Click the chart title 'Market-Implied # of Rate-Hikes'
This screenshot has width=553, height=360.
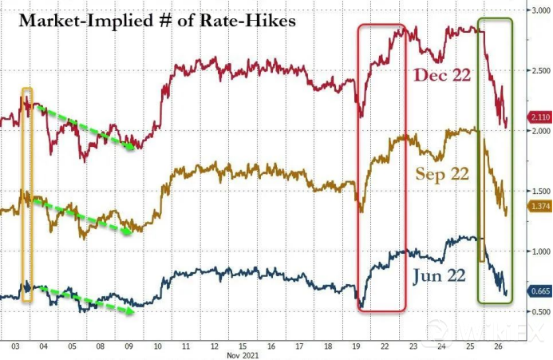[156, 20]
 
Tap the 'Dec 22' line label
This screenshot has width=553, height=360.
[442, 76]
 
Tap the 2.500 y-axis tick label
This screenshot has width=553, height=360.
[538, 71]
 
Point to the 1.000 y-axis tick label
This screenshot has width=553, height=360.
[538, 251]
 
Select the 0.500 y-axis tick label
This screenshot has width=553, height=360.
[538, 311]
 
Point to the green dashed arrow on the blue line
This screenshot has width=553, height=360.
[83, 299]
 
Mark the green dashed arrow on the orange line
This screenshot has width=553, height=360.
[85, 216]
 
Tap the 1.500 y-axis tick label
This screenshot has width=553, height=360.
[538, 192]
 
